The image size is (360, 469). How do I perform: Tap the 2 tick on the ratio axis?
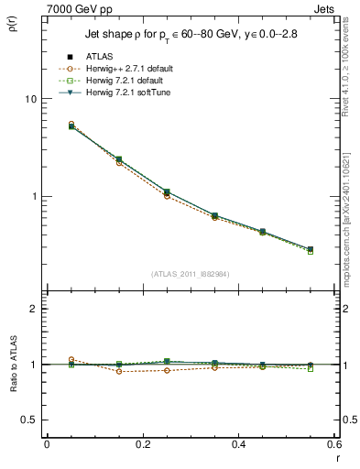(33, 310)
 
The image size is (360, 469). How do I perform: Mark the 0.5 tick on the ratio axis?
(28, 420)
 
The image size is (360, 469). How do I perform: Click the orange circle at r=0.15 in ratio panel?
(119, 372)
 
